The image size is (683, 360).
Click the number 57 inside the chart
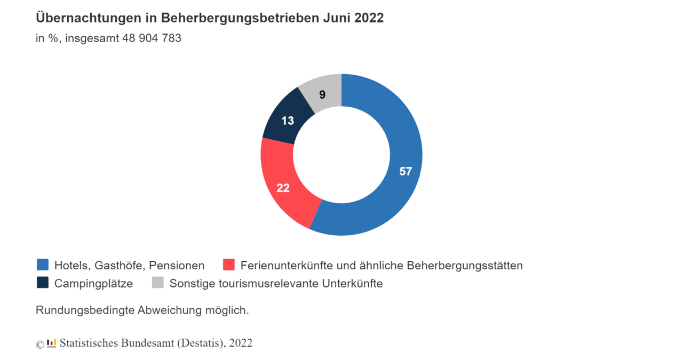pos(406,171)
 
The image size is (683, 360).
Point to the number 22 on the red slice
pos(283,188)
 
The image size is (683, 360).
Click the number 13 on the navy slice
pos(288,121)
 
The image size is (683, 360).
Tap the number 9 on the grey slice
pos(322,95)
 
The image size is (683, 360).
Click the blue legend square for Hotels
pos(43,265)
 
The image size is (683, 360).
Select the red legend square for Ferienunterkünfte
pos(229,265)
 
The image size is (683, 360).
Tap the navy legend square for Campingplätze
pos(43,283)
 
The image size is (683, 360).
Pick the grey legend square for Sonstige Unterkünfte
pos(158,283)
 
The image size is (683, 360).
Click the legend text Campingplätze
pos(93,283)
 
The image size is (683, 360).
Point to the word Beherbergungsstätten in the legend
pos(464,265)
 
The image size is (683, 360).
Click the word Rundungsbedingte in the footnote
pos(85,310)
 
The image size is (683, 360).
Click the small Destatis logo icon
pos(51,343)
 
